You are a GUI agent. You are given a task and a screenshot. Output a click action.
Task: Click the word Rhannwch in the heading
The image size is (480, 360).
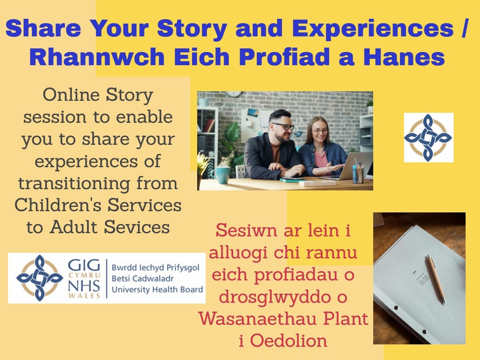(97, 57)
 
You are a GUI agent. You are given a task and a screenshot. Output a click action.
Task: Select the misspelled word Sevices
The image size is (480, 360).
(137, 227)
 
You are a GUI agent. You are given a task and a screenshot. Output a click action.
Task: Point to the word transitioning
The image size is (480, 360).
(74, 184)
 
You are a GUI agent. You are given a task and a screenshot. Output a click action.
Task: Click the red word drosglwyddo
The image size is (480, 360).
(274, 297)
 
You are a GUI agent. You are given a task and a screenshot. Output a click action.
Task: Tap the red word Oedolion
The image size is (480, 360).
(288, 340)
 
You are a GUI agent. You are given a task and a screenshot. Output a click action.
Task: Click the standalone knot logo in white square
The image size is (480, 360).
(428, 138)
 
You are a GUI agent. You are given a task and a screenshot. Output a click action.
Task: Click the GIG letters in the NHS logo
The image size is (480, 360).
(84, 265)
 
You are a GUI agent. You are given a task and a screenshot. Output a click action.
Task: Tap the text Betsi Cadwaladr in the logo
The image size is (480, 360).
(142, 278)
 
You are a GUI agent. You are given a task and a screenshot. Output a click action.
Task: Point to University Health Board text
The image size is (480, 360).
(158, 289)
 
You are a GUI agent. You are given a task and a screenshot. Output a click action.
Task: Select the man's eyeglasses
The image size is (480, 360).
(284, 126)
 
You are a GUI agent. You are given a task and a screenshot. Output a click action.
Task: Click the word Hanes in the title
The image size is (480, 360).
(404, 57)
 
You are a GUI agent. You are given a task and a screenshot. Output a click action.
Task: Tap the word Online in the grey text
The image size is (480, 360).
(71, 95)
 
